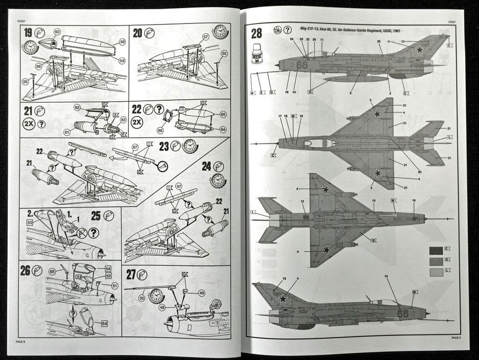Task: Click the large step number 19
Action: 28,34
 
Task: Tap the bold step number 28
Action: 256,34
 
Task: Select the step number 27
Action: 131,275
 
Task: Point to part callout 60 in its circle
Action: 56,31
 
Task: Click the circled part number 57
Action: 206,36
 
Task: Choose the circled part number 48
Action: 162,307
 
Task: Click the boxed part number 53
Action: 29,223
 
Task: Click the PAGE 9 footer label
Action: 456,338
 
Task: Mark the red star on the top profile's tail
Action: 419,50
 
